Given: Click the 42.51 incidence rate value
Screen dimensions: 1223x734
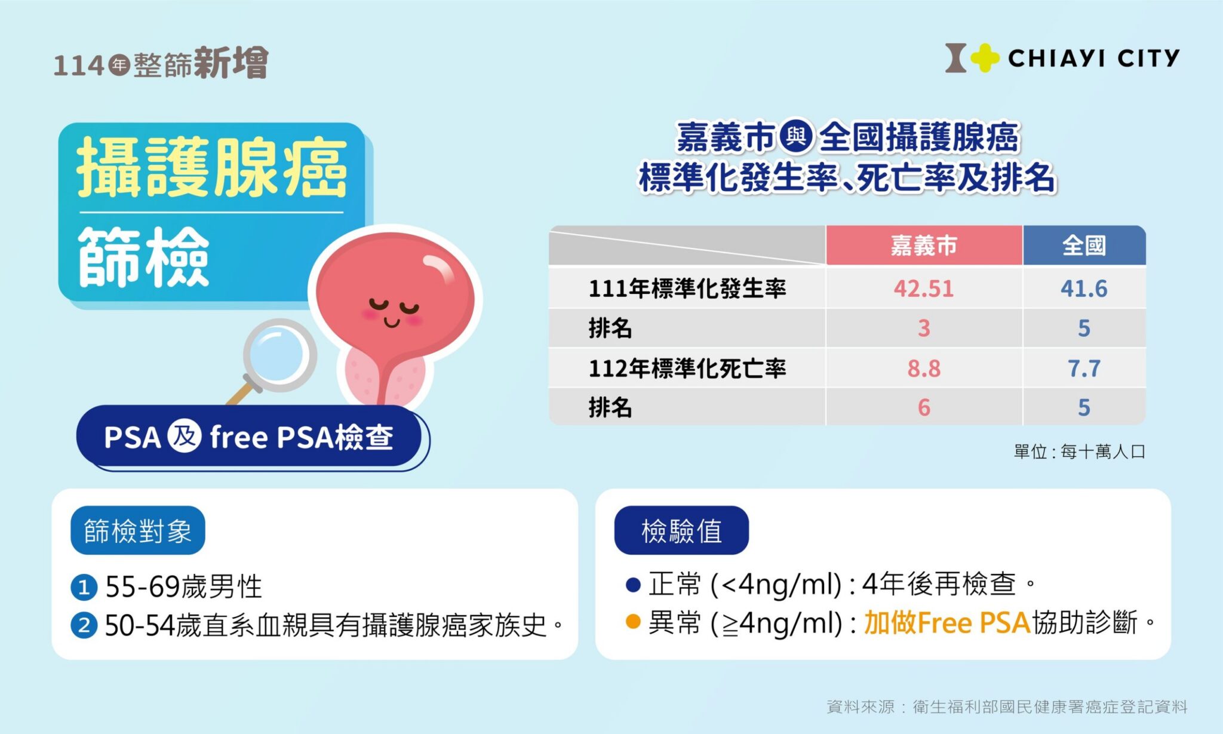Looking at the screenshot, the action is (923, 288).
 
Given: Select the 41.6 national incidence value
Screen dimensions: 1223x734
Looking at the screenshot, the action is (1084, 288).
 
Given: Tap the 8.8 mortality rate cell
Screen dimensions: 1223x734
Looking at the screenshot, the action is (924, 368).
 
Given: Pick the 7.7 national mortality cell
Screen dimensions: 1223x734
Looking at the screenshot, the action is (1084, 368).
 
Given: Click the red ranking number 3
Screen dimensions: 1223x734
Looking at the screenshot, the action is (924, 328).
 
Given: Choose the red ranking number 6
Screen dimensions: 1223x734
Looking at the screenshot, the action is (924, 408).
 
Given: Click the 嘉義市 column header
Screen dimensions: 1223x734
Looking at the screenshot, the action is (924, 245).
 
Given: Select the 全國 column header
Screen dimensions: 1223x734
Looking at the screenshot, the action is (1084, 245).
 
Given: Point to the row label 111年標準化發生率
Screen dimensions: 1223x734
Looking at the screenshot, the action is (687, 288).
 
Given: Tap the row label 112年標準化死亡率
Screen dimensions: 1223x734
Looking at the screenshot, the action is (687, 368).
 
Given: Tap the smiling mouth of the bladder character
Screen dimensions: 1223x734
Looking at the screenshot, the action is (392, 323).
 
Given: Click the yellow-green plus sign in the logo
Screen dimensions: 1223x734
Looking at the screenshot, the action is (985, 58).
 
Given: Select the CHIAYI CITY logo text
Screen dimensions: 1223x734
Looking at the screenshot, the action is (1094, 59).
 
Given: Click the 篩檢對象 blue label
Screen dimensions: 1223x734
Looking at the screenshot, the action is (138, 530).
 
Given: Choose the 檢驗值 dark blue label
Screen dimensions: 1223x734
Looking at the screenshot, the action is (681, 530).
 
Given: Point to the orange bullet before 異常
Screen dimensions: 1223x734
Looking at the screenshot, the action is (633, 622).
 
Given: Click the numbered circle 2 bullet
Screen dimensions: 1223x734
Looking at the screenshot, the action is (84, 626).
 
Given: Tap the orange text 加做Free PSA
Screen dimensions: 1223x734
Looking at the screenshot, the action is (947, 622).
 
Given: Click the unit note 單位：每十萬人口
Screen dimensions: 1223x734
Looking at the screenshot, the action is (1080, 452).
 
